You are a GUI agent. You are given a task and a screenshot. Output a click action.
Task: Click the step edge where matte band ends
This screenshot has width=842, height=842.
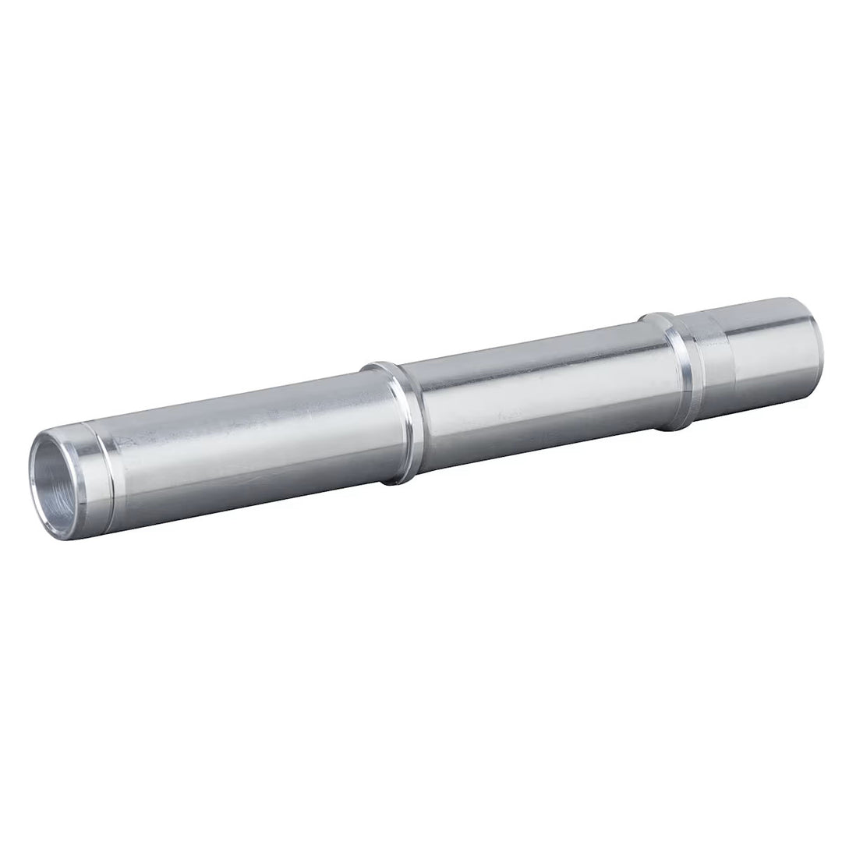(x=731, y=359)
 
